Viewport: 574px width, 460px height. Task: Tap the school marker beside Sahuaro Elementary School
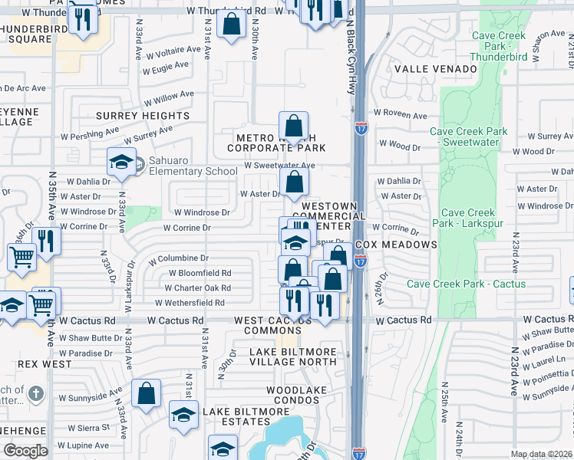pyautogui.click(x=121, y=162)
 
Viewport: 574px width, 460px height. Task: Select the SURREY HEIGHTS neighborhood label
pyautogui.click(x=143, y=116)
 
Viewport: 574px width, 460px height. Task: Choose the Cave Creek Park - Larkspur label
pyautogui.click(x=468, y=218)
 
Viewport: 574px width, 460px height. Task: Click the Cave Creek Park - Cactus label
pyautogui.click(x=467, y=284)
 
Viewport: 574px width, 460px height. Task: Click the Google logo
pyautogui.click(x=25, y=451)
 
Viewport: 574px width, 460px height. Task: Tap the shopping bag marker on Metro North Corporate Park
pyautogui.click(x=293, y=126)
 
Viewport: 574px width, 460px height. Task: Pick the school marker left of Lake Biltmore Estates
pyautogui.click(x=183, y=416)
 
